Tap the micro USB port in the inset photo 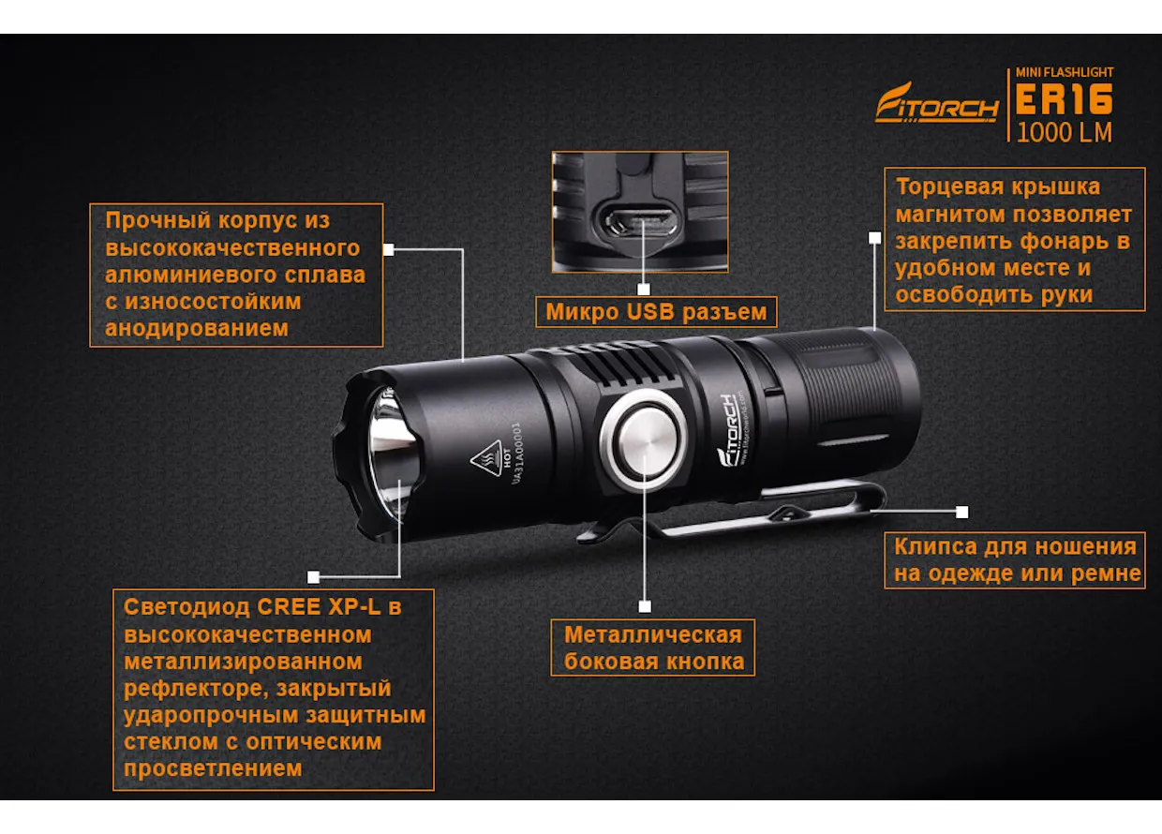[641, 225]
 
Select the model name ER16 [1064, 99]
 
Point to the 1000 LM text [1064, 132]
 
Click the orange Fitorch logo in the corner [937, 103]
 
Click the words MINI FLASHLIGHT [1065, 72]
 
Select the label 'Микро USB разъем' [656, 312]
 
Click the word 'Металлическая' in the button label [653, 634]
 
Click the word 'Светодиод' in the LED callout [186, 607]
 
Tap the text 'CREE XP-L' [319, 607]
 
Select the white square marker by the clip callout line [961, 512]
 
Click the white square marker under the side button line [645, 606]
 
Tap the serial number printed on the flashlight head [516, 454]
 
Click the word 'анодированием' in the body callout [197, 328]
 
